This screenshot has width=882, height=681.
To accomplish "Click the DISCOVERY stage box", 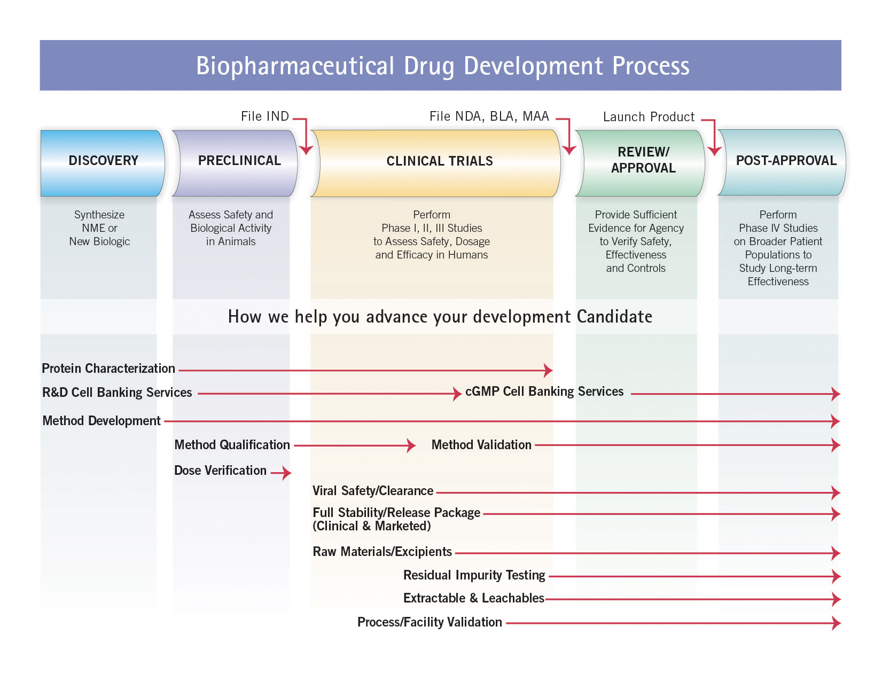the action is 102,163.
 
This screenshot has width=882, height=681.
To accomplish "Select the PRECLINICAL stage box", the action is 235,163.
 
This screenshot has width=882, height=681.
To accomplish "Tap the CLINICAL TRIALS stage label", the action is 440,161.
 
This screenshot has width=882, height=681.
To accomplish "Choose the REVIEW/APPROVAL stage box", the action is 640,163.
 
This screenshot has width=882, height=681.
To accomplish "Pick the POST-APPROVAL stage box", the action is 782,162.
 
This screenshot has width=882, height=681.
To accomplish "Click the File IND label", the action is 264,116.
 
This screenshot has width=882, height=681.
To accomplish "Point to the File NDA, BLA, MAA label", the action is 489,116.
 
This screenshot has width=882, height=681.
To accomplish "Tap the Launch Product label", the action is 649,117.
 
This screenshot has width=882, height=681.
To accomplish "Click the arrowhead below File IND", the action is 306,150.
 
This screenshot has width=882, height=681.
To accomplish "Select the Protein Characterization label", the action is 108,369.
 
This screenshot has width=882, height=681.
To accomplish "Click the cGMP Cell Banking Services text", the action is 544,391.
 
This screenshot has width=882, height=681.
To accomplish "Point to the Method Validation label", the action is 481,445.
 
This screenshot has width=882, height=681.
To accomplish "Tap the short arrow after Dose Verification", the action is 281,473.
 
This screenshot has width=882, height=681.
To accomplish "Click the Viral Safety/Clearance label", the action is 373,491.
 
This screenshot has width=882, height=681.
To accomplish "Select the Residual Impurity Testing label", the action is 474,575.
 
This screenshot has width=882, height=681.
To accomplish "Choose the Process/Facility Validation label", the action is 430,622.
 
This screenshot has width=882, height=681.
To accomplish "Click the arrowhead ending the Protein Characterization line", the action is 548,370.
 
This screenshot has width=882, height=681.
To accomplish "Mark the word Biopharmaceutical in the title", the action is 295,66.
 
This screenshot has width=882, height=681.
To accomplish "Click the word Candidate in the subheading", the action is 614,317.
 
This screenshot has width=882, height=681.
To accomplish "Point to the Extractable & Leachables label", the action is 474,598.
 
